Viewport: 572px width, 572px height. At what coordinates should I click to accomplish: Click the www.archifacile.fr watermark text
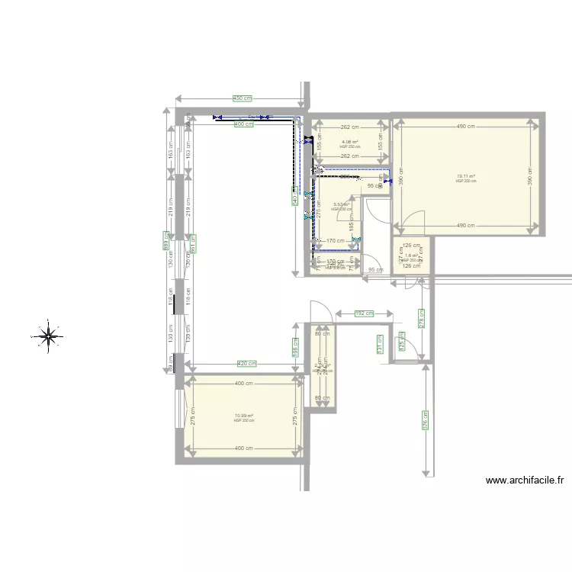525,480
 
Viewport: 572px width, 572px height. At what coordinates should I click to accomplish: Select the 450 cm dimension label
243,98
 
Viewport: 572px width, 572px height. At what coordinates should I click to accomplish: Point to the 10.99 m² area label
243,416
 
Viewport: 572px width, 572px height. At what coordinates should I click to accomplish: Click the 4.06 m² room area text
350,142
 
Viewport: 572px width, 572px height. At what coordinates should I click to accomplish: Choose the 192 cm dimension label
365,313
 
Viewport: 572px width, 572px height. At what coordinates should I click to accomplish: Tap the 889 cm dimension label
165,242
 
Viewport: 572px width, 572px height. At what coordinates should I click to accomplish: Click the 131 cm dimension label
378,345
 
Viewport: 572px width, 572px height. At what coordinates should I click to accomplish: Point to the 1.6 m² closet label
412,256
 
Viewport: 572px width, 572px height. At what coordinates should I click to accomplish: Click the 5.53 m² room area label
341,204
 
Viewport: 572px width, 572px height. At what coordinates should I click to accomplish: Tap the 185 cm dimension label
352,226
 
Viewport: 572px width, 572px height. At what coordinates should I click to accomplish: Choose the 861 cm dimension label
193,243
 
